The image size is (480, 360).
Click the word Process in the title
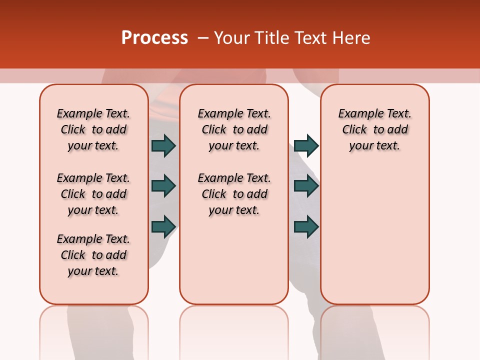pos(154,38)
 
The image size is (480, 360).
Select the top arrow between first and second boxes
pos(163,145)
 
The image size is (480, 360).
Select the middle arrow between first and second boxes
pos(163,186)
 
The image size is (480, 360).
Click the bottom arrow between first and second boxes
pos(163,226)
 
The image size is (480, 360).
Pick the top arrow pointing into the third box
pos(306,145)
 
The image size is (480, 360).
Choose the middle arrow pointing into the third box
pos(306,186)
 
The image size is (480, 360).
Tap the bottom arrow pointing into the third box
pos(306,226)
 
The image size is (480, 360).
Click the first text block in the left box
pos(93,129)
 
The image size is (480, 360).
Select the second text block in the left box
pos(93,194)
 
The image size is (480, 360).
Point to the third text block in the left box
pos(93,255)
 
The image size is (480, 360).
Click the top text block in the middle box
pos(234,129)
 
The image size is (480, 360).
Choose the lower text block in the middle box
pos(234,194)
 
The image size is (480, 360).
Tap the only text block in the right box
pos(374,129)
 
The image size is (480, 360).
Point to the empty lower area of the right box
pos(374,230)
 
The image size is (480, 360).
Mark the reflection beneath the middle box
pos(234,330)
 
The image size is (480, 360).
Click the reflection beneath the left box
pos(93,330)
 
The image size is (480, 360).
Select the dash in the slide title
pos(203,38)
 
